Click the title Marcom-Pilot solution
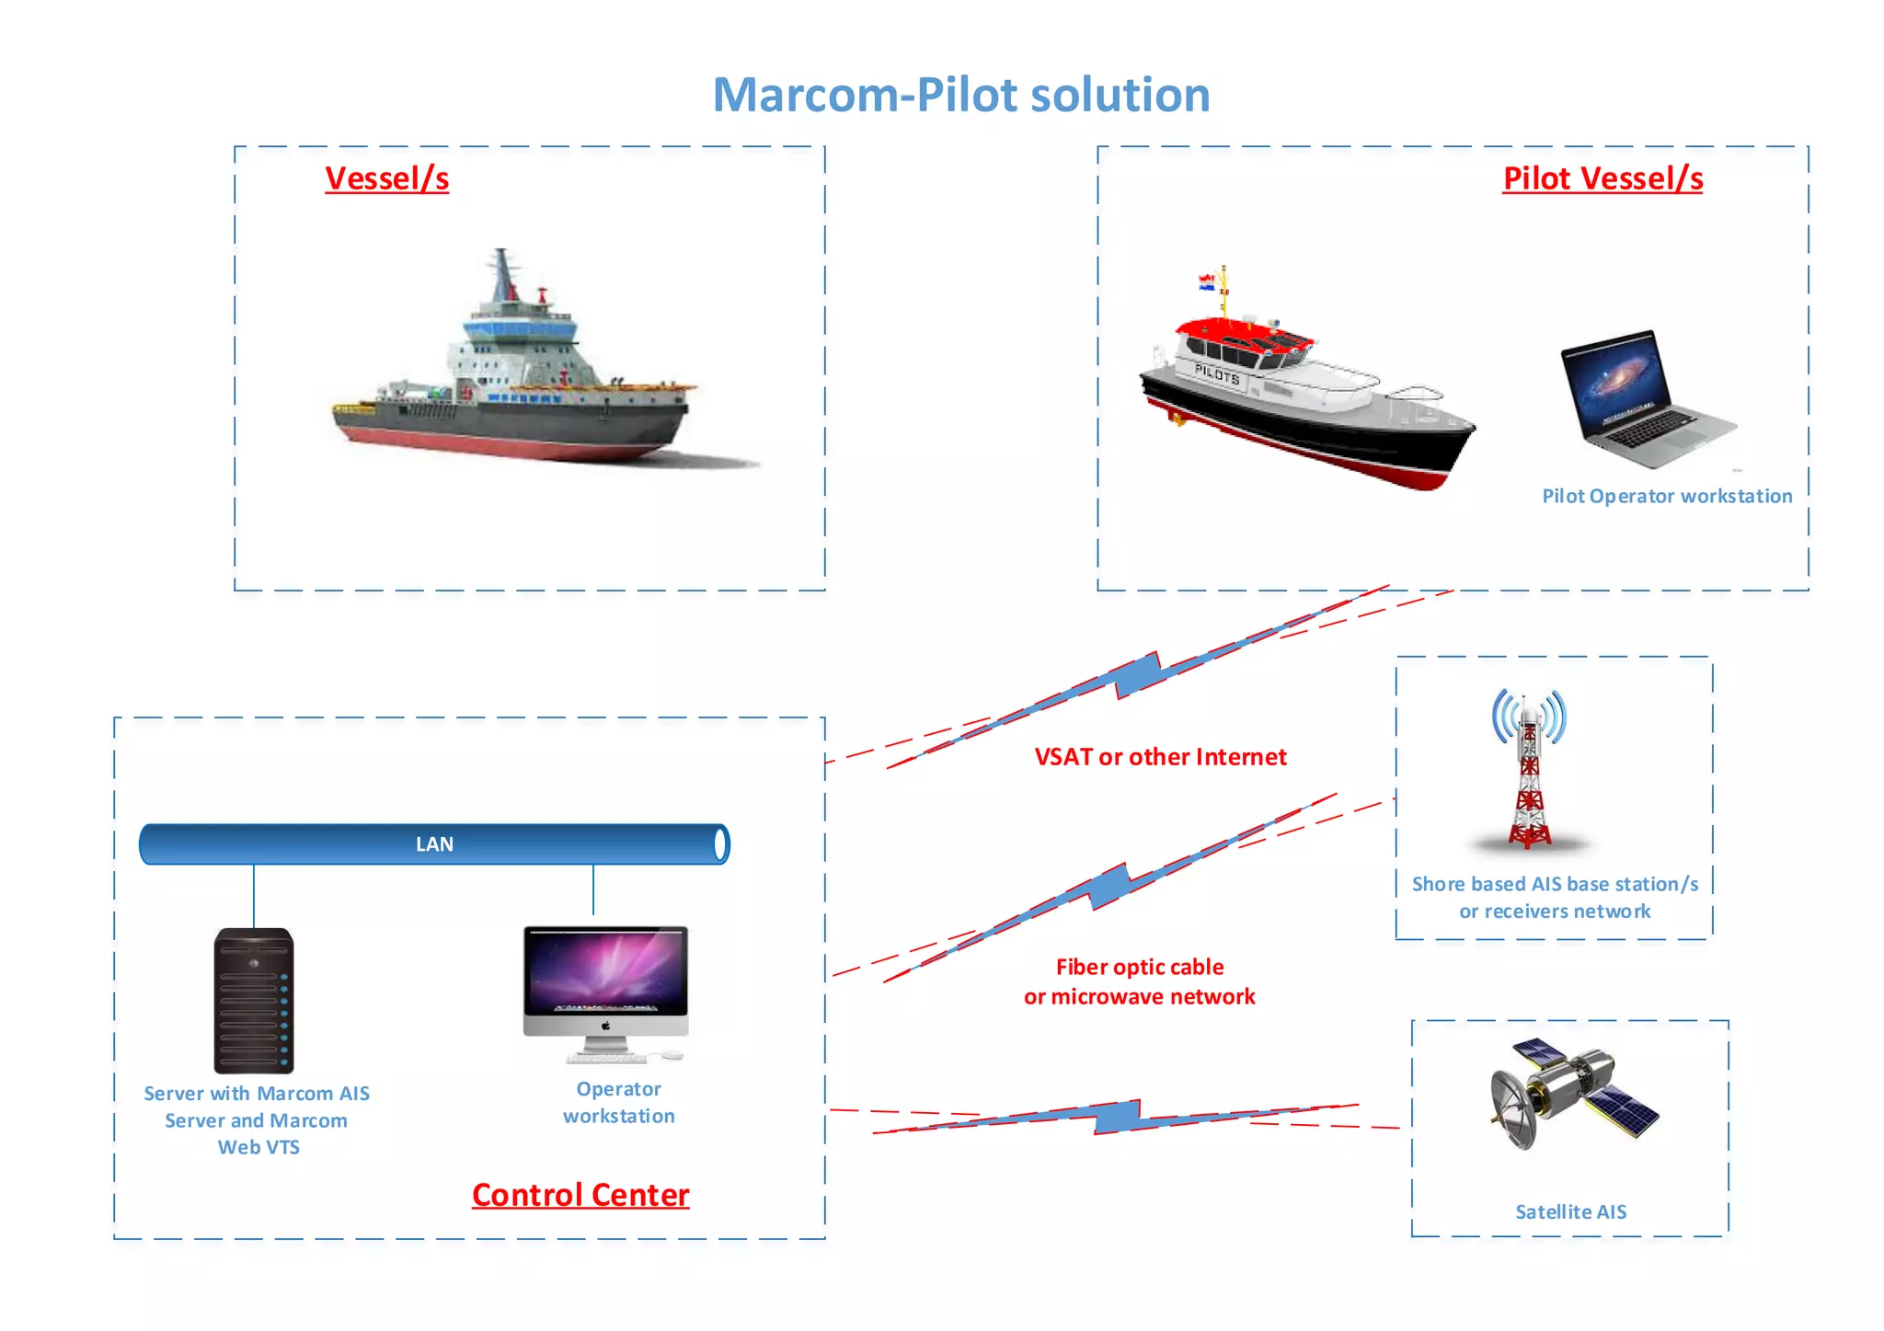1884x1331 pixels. [961, 95]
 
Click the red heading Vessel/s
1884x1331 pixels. [386, 178]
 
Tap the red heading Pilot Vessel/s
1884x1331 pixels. [1603, 178]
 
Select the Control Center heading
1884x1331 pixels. [580, 1194]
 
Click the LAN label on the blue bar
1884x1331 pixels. [434, 844]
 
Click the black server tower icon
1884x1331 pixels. [254, 1001]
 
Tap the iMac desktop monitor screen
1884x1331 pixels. [605, 970]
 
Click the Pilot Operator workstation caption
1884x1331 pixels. [1667, 496]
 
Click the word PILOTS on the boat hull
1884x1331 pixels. [1217, 373]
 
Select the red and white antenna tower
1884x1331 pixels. [1529, 773]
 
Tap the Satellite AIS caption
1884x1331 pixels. [1570, 1211]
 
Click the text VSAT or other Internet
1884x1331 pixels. [1160, 757]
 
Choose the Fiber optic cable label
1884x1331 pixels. [1139, 967]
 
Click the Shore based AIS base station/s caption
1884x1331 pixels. [1555, 884]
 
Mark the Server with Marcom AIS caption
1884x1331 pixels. [257, 1094]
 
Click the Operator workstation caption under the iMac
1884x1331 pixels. [618, 1102]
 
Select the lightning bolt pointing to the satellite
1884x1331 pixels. [1118, 1117]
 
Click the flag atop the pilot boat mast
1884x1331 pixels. [1206, 281]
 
